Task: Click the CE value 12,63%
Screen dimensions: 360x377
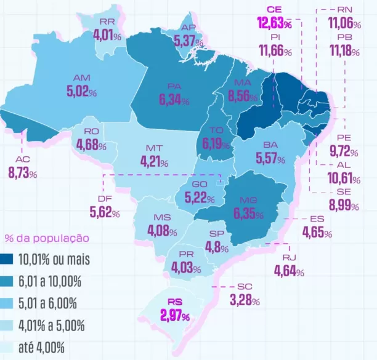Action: point(275,23)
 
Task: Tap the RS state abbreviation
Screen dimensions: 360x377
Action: point(175,303)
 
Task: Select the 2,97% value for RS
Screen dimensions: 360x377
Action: point(175,316)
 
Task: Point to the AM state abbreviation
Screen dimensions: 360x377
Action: point(81,78)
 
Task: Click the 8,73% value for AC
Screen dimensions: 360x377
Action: point(23,173)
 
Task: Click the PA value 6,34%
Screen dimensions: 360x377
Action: point(173,100)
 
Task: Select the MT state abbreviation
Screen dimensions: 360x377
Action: point(154,149)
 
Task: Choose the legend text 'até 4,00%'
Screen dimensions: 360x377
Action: point(41,348)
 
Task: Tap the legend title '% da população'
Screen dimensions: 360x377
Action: point(46,238)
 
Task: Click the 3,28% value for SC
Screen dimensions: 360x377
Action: point(244,301)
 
